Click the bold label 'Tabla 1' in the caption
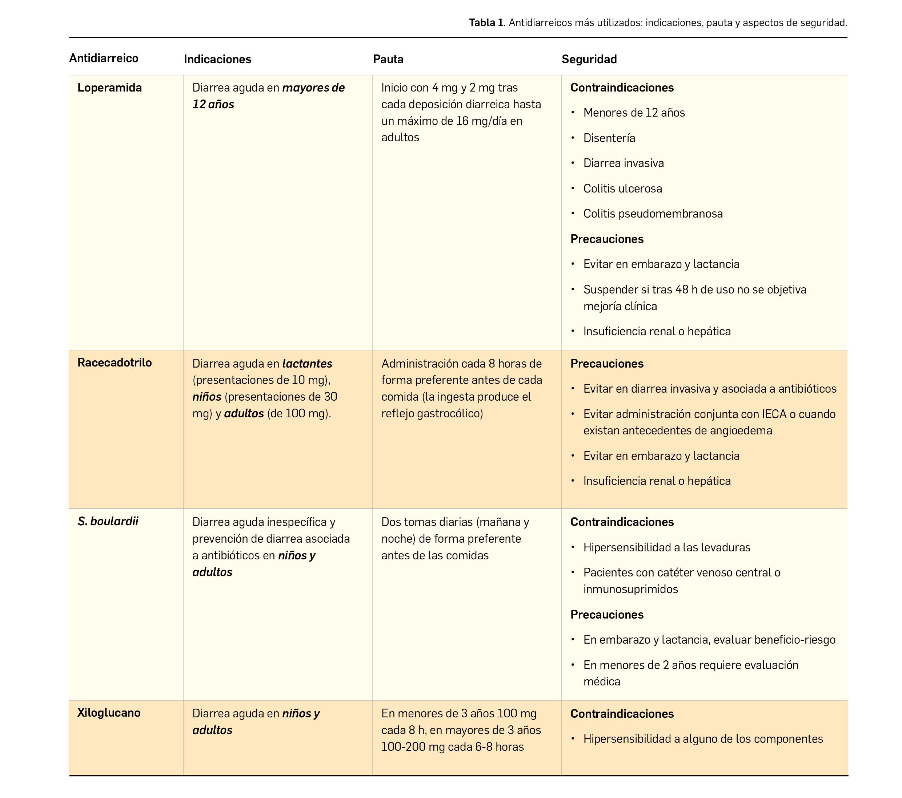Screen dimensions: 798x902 [485, 23]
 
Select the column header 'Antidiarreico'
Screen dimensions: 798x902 [104, 58]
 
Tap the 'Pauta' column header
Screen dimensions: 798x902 [388, 59]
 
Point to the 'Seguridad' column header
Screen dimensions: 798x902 [589, 59]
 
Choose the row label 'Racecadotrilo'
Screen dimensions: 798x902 [114, 362]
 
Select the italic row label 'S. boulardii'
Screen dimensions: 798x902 [108, 521]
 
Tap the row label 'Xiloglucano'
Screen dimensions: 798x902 [109, 713]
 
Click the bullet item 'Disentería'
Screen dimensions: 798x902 [609, 138]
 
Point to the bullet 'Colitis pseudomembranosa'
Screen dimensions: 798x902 [653, 214]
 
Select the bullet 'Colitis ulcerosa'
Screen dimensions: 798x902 [622, 189]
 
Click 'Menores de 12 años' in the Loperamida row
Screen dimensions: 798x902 [634, 113]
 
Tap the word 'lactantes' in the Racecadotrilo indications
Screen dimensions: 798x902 [307, 364]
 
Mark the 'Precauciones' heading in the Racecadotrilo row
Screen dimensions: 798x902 [607, 364]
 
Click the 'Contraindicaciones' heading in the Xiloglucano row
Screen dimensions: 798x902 [622, 714]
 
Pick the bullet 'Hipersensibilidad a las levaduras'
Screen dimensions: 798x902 [666, 548]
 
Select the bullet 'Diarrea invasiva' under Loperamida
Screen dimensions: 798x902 [623, 163]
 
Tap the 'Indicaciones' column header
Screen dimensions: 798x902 [217, 59]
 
